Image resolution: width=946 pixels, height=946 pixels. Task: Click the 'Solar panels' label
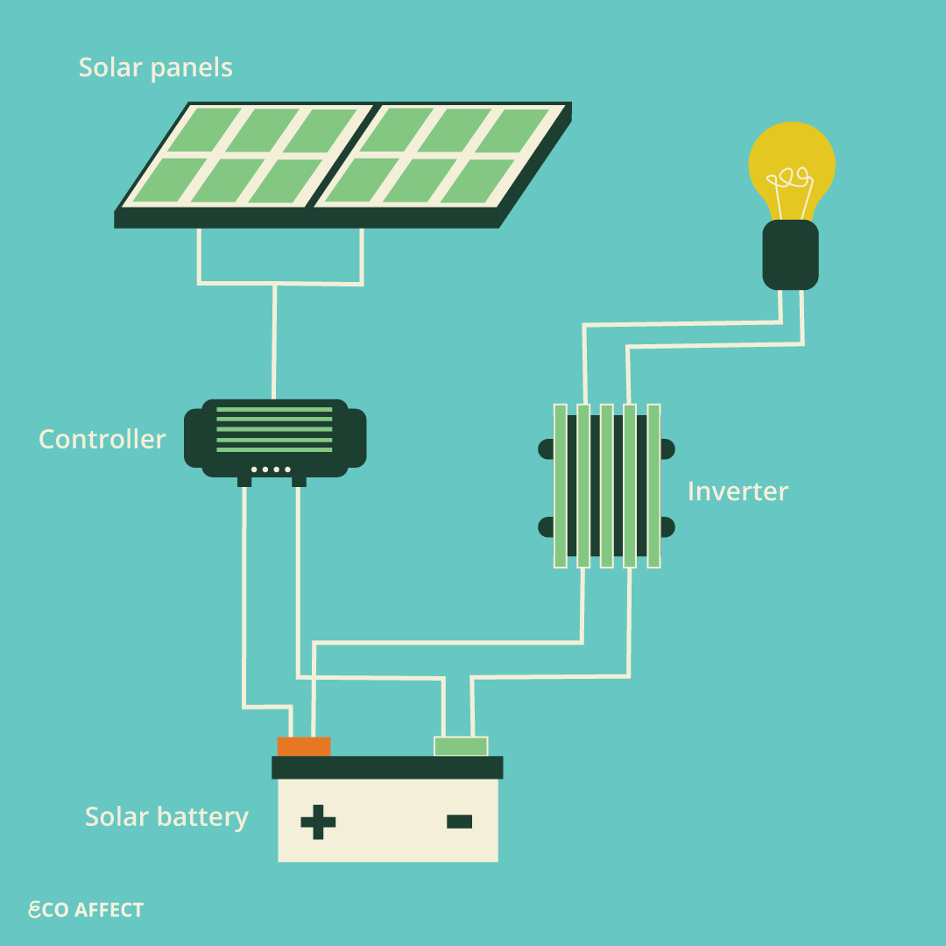pyautogui.click(x=156, y=67)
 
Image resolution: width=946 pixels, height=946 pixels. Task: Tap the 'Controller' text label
pyautogui.click(x=102, y=439)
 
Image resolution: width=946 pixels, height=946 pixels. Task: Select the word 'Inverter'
pyautogui.click(x=738, y=491)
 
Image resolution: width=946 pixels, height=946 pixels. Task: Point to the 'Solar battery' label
pyautogui.click(x=166, y=816)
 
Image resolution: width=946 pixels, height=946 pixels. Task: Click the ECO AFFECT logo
pyautogui.click(x=86, y=910)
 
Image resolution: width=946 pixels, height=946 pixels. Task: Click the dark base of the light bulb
pyautogui.click(x=790, y=255)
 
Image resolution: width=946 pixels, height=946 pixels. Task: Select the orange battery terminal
pyautogui.click(x=304, y=746)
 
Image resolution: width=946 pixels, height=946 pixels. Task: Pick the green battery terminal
pyautogui.click(x=461, y=746)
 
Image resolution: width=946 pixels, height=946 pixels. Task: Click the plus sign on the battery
pyautogui.click(x=318, y=821)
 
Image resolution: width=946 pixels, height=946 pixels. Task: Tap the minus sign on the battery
pyautogui.click(x=459, y=821)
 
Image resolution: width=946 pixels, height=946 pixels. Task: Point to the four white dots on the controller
pyautogui.click(x=271, y=469)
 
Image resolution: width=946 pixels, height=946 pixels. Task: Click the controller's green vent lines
pyautogui.click(x=274, y=429)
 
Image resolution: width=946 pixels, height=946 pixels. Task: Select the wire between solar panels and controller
pyautogui.click(x=275, y=342)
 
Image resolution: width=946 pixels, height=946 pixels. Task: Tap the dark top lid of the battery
pyautogui.click(x=387, y=767)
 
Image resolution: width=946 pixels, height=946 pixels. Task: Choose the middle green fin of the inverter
pyautogui.click(x=606, y=485)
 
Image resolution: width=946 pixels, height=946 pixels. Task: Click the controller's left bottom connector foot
pyautogui.click(x=244, y=481)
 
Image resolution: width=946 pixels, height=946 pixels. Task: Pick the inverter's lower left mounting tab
pyautogui.click(x=546, y=527)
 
